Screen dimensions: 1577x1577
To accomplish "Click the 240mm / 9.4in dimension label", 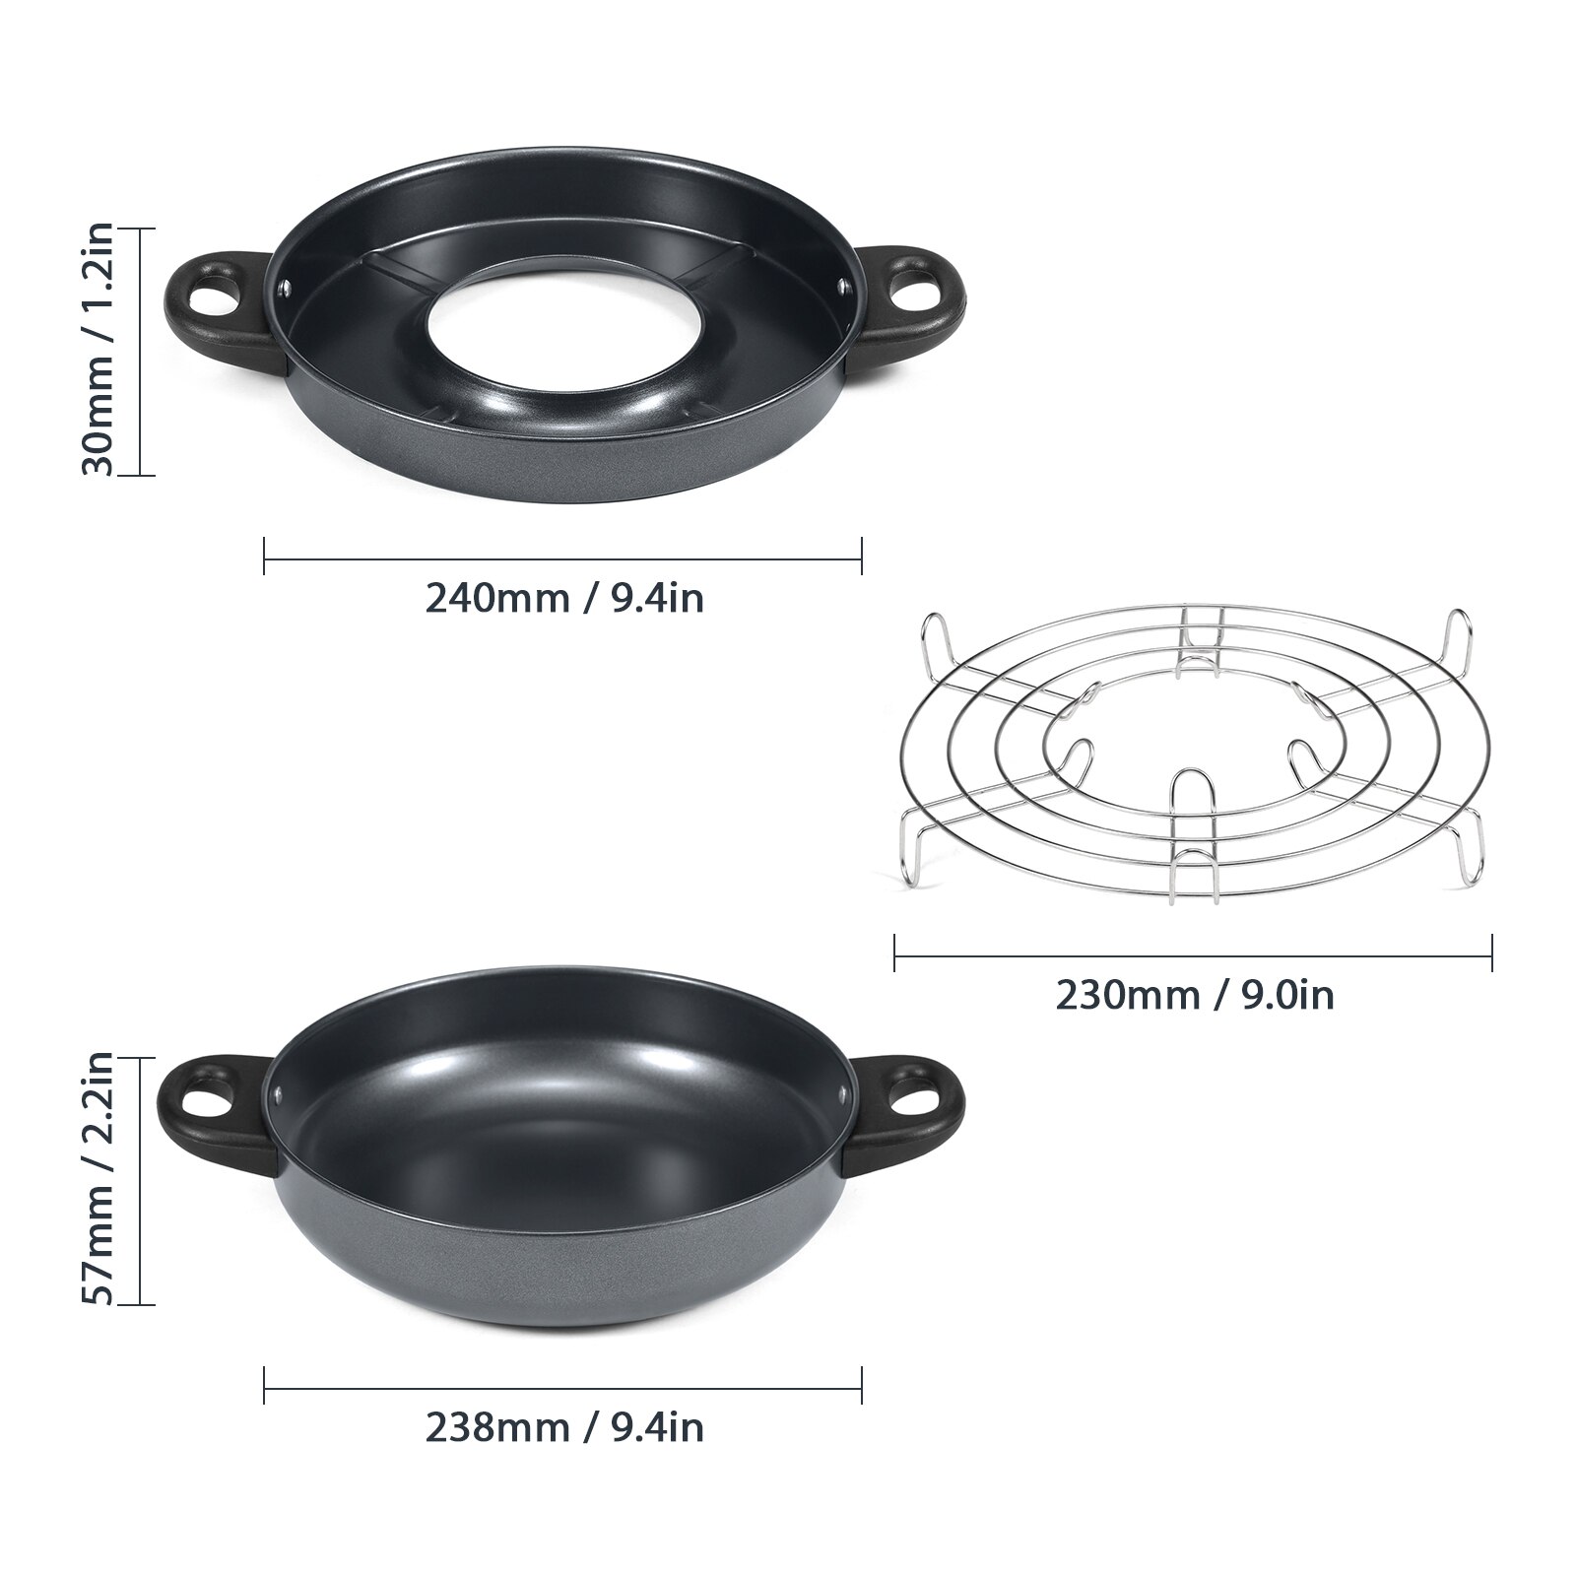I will pyautogui.click(x=564, y=598).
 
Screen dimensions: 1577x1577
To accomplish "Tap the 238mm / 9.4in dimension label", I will pyautogui.click(x=564, y=1427).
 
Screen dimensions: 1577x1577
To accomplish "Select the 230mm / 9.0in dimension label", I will pyautogui.click(x=1195, y=995).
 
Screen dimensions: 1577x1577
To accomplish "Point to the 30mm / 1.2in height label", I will pyautogui.click(x=99, y=351).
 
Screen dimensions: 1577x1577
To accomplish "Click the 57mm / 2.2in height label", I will pyautogui.click(x=99, y=1180).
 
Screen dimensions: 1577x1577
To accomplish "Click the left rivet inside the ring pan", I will pyautogui.click(x=284, y=288).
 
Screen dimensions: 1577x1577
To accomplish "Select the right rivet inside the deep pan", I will pyautogui.click(x=842, y=1091).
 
